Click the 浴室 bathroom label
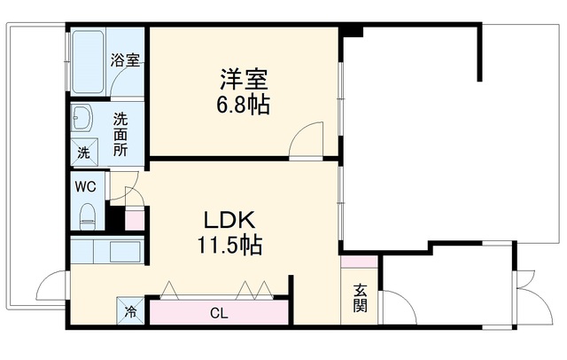tap(125, 60)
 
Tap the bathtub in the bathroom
tap(88, 62)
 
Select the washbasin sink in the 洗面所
tap(82, 118)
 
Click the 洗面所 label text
tap(120, 135)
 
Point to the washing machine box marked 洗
tap(84, 152)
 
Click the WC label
tap(85, 187)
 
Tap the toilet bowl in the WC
tap(87, 216)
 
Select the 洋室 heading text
tap(245, 79)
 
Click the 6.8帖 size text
tap(243, 105)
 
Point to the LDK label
tap(229, 220)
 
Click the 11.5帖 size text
tap(229, 245)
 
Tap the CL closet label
tap(219, 313)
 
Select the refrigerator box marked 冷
tap(130, 311)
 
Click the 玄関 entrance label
tap(361, 299)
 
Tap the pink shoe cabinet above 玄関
tap(360, 262)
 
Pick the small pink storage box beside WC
tap(135, 219)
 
